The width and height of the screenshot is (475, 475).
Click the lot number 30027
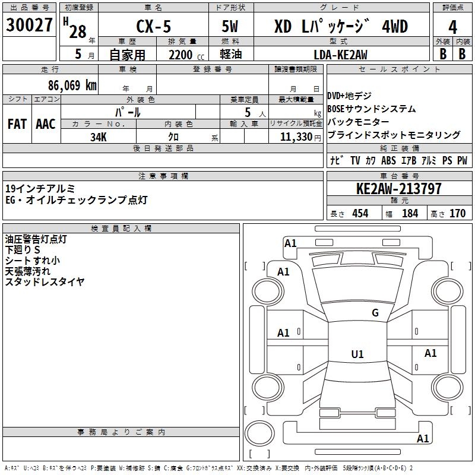click(x=29, y=25)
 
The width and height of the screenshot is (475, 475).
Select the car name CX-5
click(x=154, y=26)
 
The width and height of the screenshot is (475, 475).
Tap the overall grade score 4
click(x=452, y=27)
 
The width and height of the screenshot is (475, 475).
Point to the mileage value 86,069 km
click(x=72, y=85)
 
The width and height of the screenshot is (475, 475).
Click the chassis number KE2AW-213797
click(x=399, y=189)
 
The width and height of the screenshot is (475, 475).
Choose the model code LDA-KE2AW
click(x=340, y=55)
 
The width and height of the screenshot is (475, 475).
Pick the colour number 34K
click(x=99, y=137)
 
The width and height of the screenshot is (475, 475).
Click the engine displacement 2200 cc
click(x=186, y=55)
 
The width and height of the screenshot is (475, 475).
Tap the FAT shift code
click(x=17, y=124)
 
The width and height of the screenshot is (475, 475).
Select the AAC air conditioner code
click(x=46, y=124)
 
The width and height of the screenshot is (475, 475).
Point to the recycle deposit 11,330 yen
click(x=300, y=137)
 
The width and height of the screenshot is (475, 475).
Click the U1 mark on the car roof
click(x=357, y=354)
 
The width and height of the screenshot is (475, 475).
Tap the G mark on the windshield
click(x=375, y=313)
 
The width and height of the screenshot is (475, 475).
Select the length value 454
click(x=360, y=214)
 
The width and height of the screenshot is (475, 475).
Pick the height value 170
click(x=457, y=214)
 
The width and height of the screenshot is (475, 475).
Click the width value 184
click(x=410, y=214)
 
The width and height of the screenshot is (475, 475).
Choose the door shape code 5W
click(x=230, y=26)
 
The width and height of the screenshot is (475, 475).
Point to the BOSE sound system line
click(x=372, y=109)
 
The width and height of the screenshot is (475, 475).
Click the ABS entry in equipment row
click(x=388, y=160)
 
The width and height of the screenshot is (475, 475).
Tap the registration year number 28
click(x=78, y=31)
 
